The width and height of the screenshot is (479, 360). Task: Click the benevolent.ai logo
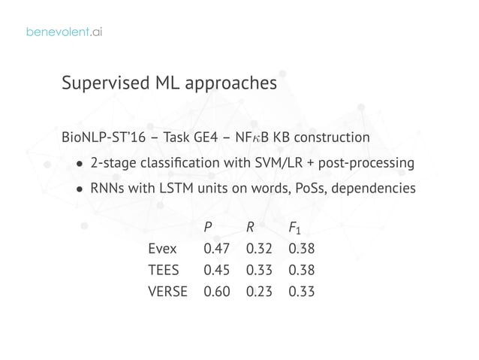[x=64, y=32]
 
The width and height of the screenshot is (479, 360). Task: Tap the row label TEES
[x=164, y=270]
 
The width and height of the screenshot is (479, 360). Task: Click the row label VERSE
[x=167, y=291]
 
